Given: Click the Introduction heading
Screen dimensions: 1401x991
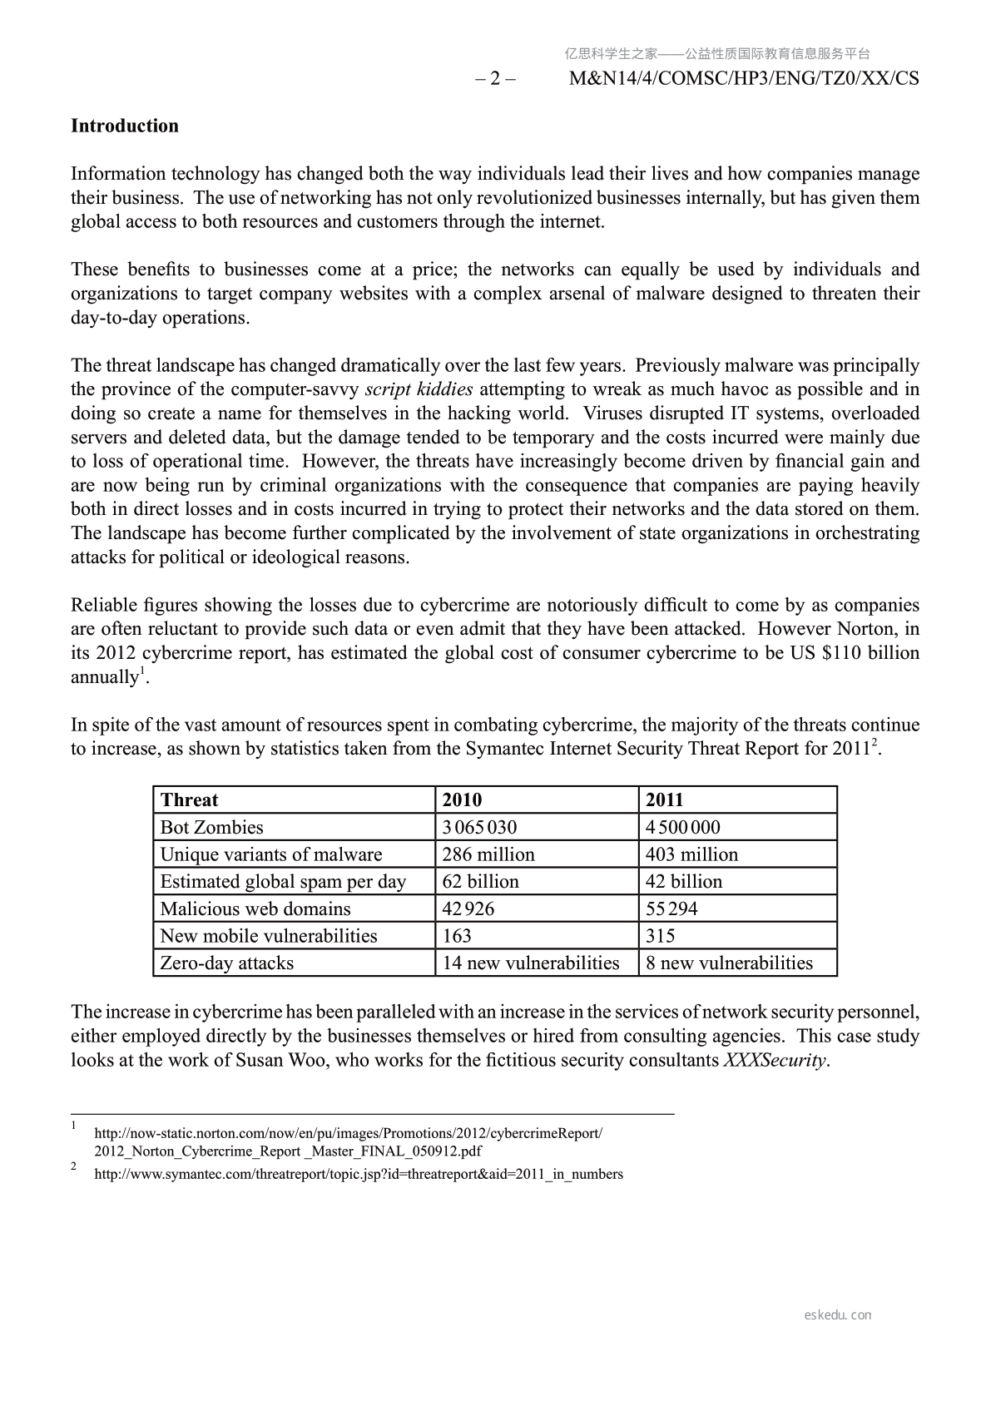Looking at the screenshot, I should tap(125, 126).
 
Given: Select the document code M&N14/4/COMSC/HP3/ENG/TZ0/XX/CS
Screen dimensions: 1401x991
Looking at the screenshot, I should tap(744, 79).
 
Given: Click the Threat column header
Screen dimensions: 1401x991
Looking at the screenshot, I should tap(189, 800).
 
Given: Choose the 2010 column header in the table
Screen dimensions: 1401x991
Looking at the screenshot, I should tap(462, 800).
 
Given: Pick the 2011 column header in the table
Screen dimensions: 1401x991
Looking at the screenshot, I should tap(665, 800).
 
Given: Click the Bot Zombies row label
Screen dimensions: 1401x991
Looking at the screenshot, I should tap(211, 828).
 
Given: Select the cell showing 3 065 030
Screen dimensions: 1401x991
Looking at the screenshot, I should tap(479, 828).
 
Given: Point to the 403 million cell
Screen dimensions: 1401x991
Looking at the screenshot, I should tap(691, 854).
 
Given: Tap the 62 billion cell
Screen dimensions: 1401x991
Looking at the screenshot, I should tap(480, 882).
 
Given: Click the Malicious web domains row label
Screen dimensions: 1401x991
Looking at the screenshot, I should tap(255, 909).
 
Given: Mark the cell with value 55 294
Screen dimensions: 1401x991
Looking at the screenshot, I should tap(671, 909).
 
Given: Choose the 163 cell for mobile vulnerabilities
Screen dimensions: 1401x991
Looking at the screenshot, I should tap(457, 936).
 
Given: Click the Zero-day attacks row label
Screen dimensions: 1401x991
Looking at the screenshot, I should tap(226, 963).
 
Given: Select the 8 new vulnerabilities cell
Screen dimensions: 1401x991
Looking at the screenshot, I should tap(729, 963).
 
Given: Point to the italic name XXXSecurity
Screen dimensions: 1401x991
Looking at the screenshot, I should tap(775, 1061).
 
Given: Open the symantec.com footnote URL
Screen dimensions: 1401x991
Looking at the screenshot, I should tap(359, 1175).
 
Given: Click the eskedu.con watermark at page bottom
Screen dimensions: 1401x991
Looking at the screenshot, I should tap(838, 1315).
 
